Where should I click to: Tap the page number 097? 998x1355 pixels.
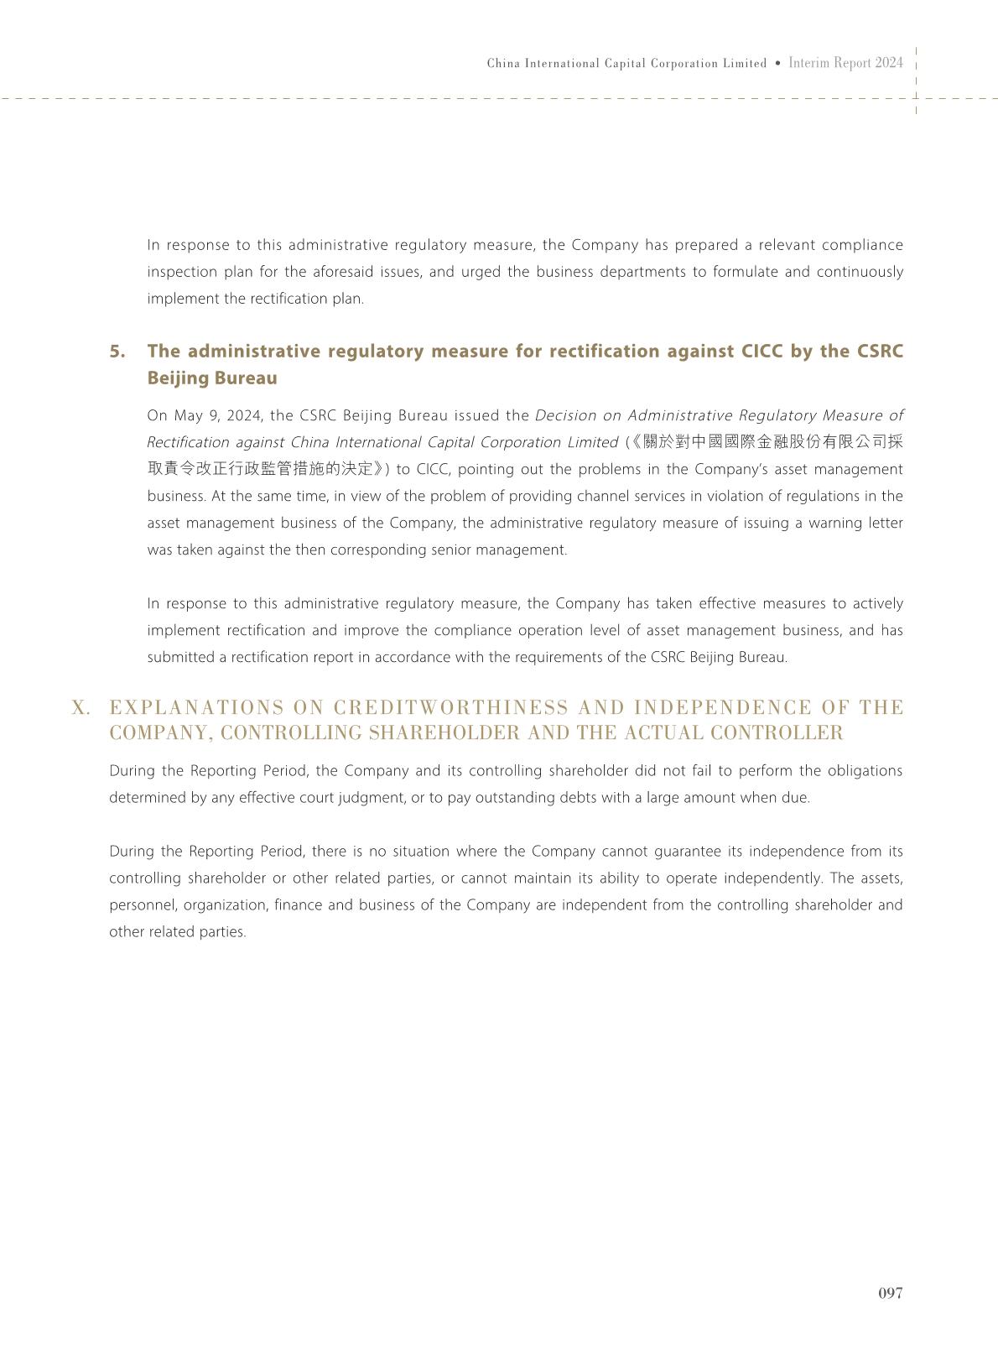[x=890, y=1293]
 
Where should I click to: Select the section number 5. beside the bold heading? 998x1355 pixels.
[x=117, y=352]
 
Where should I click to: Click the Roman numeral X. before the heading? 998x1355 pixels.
[x=81, y=708]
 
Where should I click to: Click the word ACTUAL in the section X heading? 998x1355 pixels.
[x=663, y=733]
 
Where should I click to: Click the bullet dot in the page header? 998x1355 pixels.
[x=778, y=63]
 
